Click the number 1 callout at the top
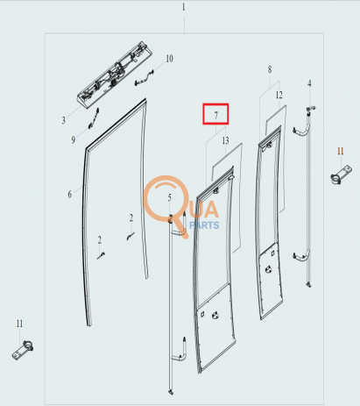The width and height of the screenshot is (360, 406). (x=183, y=7)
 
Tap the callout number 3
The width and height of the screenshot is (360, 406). (x=64, y=120)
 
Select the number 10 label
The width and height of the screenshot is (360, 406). (x=169, y=59)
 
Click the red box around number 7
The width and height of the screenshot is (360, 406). (x=215, y=114)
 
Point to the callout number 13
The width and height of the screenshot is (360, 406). (x=225, y=140)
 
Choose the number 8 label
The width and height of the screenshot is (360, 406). (x=270, y=69)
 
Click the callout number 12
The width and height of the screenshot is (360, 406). (x=279, y=95)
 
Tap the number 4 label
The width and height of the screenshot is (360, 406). (x=309, y=83)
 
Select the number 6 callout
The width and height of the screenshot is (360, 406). (x=69, y=194)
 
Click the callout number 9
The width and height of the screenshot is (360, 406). (x=73, y=139)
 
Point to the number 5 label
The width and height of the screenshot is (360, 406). (x=169, y=197)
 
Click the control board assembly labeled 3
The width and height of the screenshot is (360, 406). (x=115, y=75)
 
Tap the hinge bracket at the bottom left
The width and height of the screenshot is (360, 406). (x=23, y=350)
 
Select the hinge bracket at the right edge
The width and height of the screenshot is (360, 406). (x=341, y=175)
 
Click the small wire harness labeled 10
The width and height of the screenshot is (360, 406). (x=145, y=78)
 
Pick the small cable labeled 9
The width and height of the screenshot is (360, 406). (x=94, y=118)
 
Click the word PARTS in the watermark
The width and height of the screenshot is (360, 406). (x=204, y=225)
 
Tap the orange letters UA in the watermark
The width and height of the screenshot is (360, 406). (x=204, y=210)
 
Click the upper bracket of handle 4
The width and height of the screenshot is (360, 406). (x=301, y=131)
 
